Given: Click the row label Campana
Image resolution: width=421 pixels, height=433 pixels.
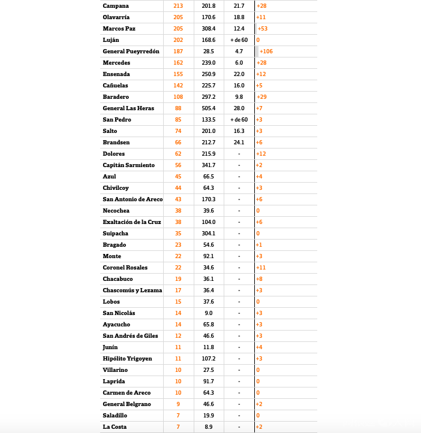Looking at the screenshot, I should tap(116, 5).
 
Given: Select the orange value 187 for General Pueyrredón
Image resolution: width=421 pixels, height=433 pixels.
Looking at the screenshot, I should tap(178, 52).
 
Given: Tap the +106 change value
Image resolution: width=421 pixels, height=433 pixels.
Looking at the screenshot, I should tap(266, 52).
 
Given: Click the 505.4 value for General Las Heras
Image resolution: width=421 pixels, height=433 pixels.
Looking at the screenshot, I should tap(209, 108).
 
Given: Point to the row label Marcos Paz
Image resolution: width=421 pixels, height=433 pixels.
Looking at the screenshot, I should tap(120, 29).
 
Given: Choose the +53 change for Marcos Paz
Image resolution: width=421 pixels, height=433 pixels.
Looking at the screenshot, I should tap(263, 29).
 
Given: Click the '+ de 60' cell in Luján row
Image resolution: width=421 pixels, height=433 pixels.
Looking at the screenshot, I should tap(239, 40).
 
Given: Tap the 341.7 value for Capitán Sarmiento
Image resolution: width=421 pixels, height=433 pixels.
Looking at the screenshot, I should tap(209, 165).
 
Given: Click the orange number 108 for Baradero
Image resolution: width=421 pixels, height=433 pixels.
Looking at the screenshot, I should tap(178, 97).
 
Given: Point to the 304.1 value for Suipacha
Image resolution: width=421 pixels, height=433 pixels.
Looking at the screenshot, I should tap(209, 234).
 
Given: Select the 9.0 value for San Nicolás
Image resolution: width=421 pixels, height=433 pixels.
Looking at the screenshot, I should tap(209, 313).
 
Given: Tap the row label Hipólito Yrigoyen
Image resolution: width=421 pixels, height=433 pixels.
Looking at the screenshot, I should tap(127, 359).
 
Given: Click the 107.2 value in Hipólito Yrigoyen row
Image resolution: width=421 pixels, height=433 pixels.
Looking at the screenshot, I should tap(209, 359).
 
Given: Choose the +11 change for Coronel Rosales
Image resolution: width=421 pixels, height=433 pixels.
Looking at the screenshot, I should tap(261, 268).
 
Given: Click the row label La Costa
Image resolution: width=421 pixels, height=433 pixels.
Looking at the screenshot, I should tap(115, 427).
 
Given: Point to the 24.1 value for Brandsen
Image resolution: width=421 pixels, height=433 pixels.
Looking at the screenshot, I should tap(239, 143).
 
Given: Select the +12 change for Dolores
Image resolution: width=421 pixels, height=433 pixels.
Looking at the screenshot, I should tap(261, 154).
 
